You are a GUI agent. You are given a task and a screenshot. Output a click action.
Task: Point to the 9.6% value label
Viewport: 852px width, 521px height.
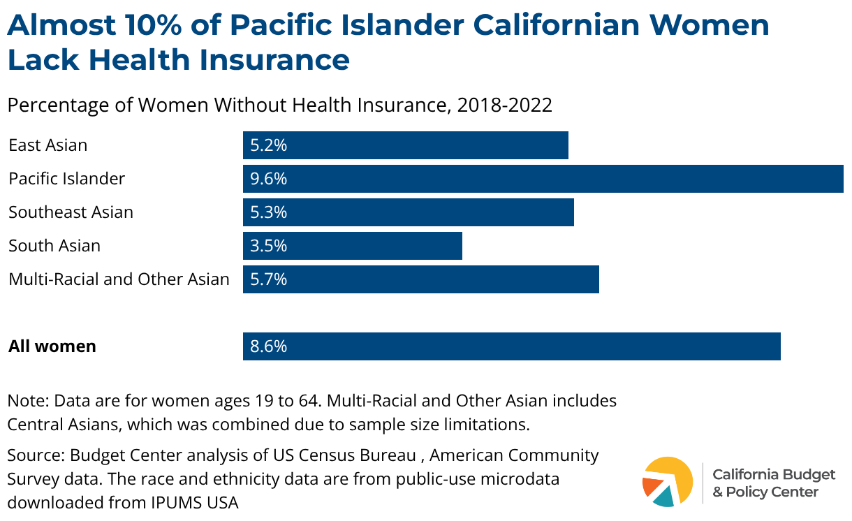(269, 179)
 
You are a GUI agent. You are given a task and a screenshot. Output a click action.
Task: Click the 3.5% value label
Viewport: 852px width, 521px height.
(269, 246)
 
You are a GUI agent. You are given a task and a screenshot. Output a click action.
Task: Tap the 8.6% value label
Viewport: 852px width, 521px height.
(269, 346)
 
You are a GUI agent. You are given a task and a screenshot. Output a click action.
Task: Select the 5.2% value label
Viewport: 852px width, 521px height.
(269, 145)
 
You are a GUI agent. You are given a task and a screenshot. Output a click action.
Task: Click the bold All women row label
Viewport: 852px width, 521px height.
(52, 346)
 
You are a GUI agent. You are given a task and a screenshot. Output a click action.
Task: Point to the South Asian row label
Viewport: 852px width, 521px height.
(54, 246)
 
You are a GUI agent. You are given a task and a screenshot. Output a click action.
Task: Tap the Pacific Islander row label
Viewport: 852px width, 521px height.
(67, 179)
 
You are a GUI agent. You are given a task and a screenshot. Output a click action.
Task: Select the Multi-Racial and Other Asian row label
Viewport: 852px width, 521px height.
(119, 279)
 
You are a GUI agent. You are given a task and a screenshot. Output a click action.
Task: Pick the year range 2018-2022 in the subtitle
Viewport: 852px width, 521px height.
(504, 105)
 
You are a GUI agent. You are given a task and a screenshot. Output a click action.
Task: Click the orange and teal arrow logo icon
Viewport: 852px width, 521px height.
(668, 482)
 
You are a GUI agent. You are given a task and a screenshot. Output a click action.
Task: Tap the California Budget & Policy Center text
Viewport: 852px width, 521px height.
(773, 483)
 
